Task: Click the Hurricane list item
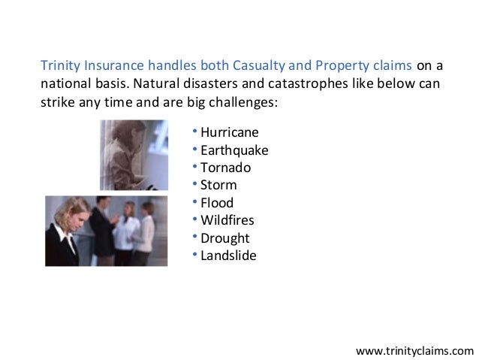230,133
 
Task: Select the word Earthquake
234,150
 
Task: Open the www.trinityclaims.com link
414,350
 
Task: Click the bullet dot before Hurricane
195,132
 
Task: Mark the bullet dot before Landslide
195,255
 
